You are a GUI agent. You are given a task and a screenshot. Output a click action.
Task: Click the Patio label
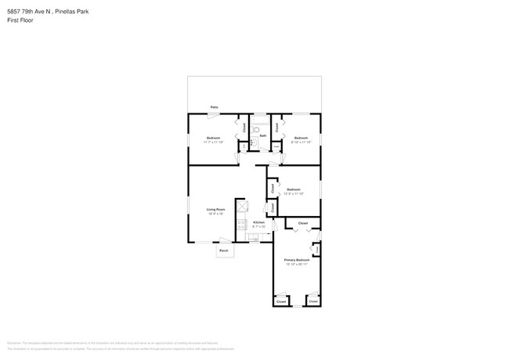pyautogui.click(x=214, y=107)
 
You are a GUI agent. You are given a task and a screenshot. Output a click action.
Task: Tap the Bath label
pyautogui.click(x=263, y=135)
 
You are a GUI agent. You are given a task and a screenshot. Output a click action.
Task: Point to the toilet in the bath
pyautogui.click(x=256, y=130)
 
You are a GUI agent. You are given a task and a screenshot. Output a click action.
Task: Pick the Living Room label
pyautogui.click(x=215, y=209)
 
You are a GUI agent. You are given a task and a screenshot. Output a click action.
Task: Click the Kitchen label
pyautogui.click(x=258, y=222)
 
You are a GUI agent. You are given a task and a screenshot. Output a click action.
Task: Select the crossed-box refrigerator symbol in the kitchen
pyautogui.click(x=242, y=207)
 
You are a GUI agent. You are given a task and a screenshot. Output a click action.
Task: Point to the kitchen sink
pyautogui.click(x=254, y=236)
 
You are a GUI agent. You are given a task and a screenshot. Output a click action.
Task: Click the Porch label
pyautogui.click(x=224, y=251)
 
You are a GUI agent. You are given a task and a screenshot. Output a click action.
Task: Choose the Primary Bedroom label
pyautogui.click(x=297, y=260)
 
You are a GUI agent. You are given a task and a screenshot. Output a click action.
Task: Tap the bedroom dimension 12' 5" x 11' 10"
pyautogui.click(x=294, y=194)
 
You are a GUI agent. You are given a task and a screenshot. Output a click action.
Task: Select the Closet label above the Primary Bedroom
pyautogui.click(x=303, y=223)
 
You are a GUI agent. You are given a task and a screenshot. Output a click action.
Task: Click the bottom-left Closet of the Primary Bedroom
pyautogui.click(x=281, y=301)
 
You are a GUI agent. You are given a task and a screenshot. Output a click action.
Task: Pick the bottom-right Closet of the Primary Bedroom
pyautogui.click(x=313, y=301)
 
